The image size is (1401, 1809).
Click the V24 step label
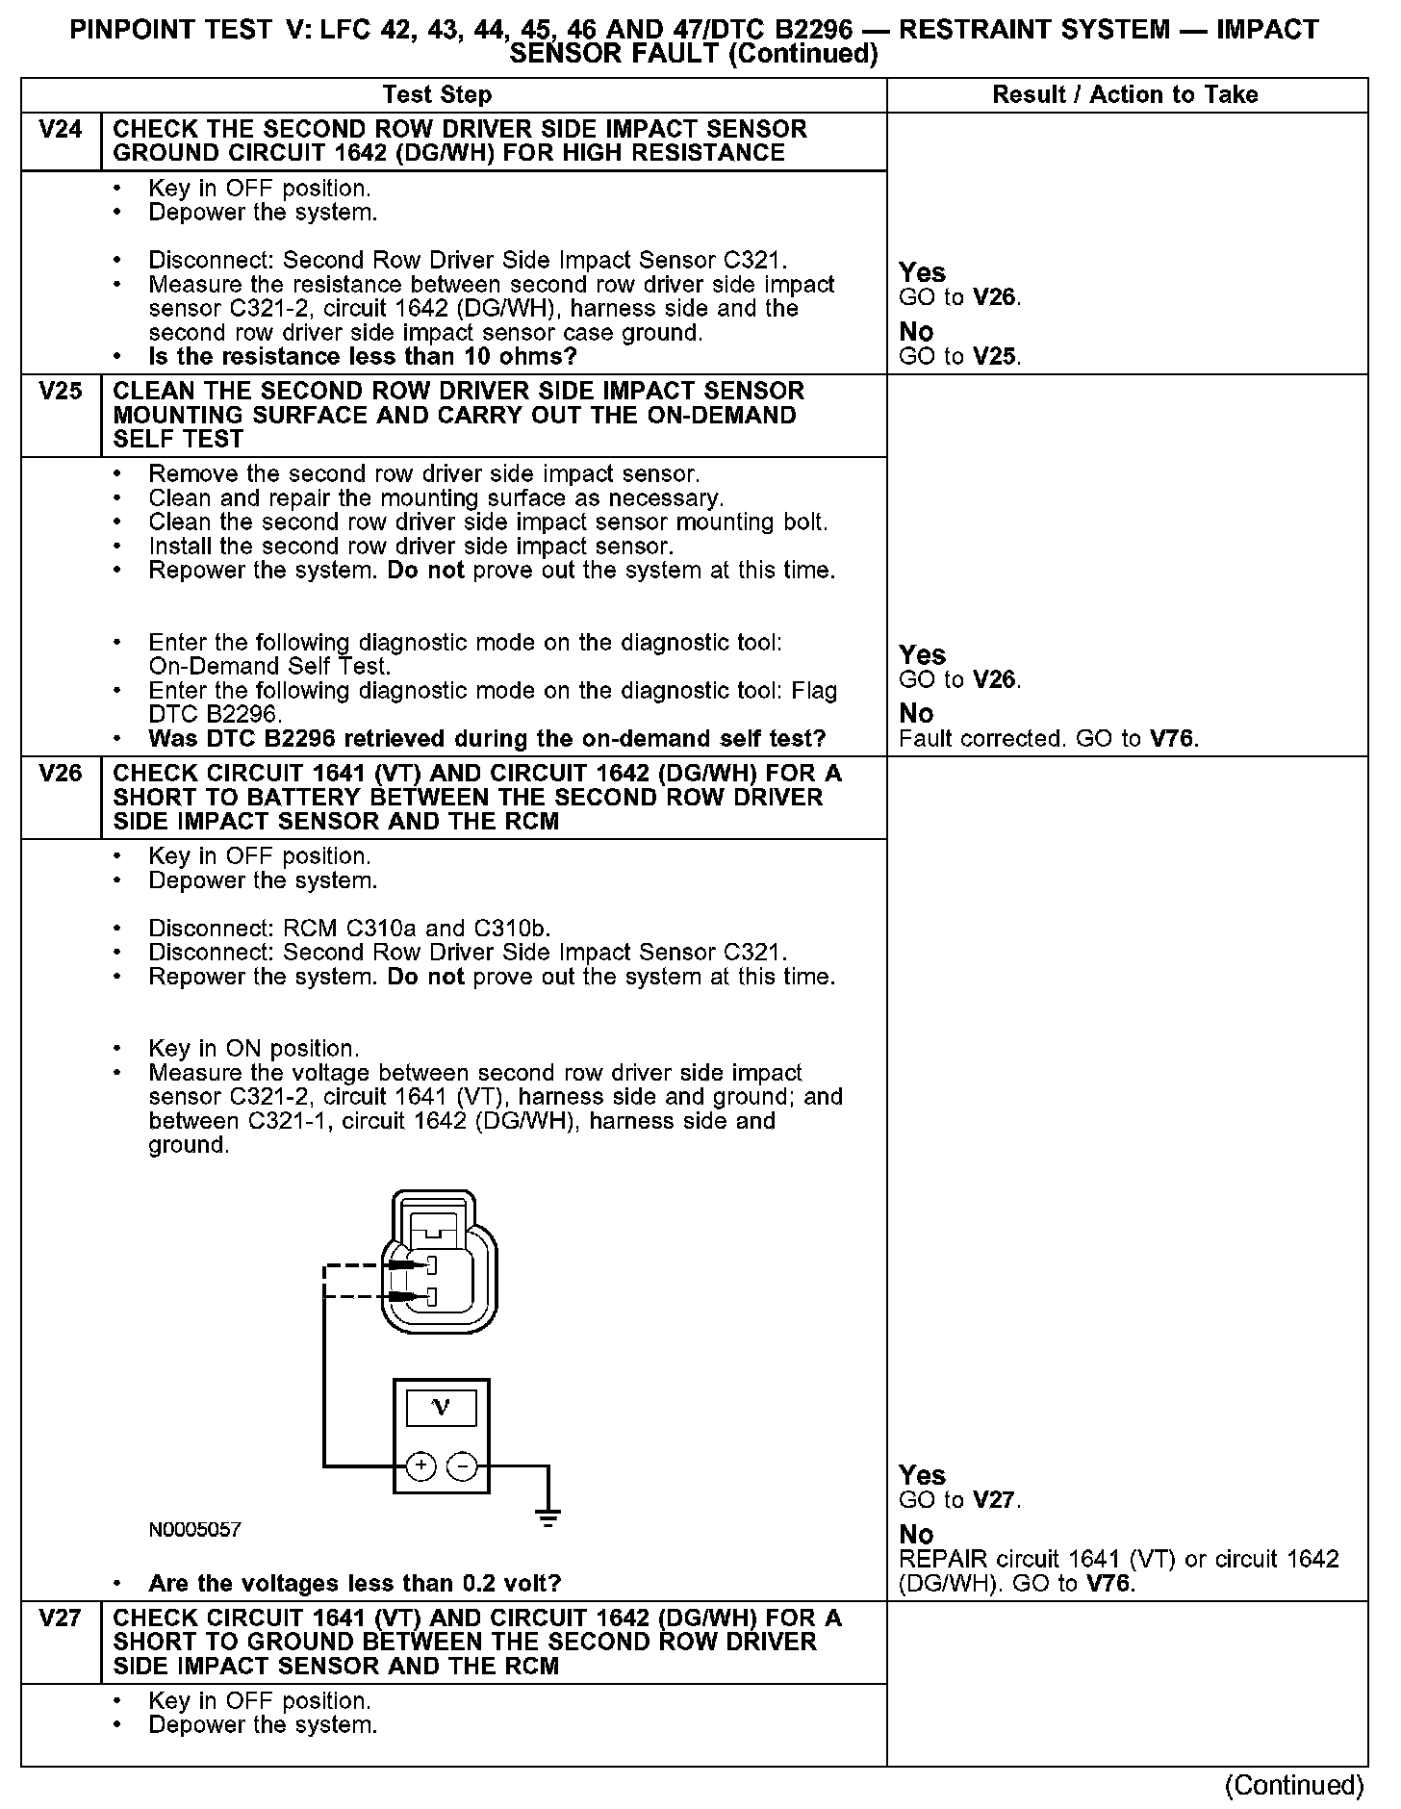tap(60, 129)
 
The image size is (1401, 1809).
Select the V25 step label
tap(60, 391)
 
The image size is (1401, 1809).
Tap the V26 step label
tap(60, 773)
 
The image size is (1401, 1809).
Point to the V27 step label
tap(60, 1618)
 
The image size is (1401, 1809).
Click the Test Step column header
tap(437, 94)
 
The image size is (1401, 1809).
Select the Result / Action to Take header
tap(1125, 94)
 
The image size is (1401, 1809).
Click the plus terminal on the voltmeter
tap(421, 1465)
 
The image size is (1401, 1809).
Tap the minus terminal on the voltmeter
tap(463, 1465)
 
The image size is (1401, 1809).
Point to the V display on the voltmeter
tap(441, 1409)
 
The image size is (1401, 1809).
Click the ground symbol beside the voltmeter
tap(548, 1517)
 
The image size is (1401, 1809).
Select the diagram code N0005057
tap(194, 1529)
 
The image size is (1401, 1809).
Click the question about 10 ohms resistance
tap(362, 357)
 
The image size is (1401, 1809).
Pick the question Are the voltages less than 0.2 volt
tap(354, 1583)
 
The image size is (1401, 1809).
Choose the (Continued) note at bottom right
tap(1293, 1786)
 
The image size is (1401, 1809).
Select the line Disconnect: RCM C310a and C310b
tap(349, 929)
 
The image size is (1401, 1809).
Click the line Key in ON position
tap(253, 1048)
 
